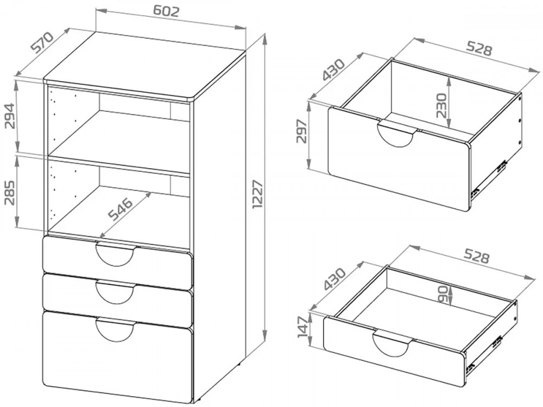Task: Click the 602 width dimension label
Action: coord(166,11)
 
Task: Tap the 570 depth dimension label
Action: coord(42,42)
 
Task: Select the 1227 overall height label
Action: coord(258,194)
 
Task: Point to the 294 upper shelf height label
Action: coord(10,116)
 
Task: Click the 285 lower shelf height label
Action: coord(10,193)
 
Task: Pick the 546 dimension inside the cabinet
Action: coord(120,209)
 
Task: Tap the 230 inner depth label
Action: coord(441,105)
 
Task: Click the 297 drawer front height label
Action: coord(302,131)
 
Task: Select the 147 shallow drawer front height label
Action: coord(302,327)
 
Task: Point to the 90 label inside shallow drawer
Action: coord(444,294)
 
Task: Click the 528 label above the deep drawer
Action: coord(479,48)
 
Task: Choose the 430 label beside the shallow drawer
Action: coord(334,279)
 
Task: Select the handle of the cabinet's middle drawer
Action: coord(115,292)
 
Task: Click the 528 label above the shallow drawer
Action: coord(476,257)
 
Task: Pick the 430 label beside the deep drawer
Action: coord(334,69)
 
